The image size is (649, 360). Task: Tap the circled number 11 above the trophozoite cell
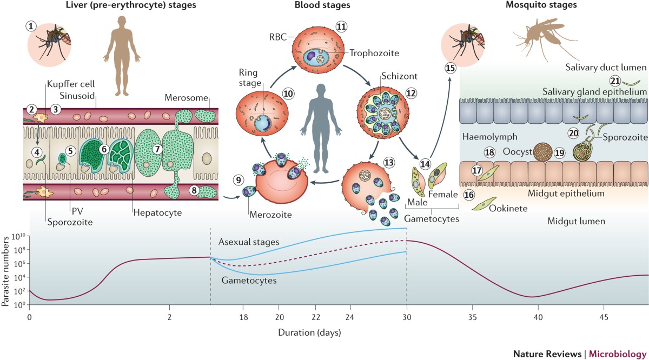coord(340,26)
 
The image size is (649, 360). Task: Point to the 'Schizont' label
coord(383,76)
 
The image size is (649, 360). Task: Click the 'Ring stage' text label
coord(251,78)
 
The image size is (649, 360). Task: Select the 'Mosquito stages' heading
coord(534,5)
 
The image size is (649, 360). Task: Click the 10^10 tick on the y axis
coord(18,236)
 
